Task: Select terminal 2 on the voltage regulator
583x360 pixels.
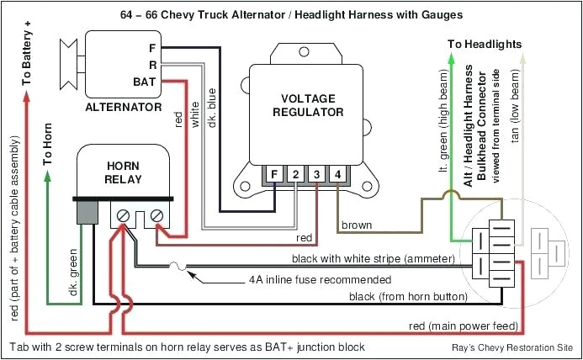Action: [x=295, y=175]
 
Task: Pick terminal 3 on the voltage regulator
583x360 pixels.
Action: [x=316, y=175]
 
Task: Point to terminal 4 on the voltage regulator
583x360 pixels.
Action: [x=337, y=175]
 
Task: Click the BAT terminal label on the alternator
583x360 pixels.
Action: [x=144, y=82]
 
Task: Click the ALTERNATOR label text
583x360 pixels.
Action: [x=124, y=108]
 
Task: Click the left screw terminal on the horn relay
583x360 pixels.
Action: [x=124, y=216]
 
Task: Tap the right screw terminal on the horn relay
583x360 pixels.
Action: [x=156, y=216]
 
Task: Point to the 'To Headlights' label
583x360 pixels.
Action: [x=484, y=44]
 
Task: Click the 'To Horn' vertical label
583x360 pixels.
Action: [x=48, y=145]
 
